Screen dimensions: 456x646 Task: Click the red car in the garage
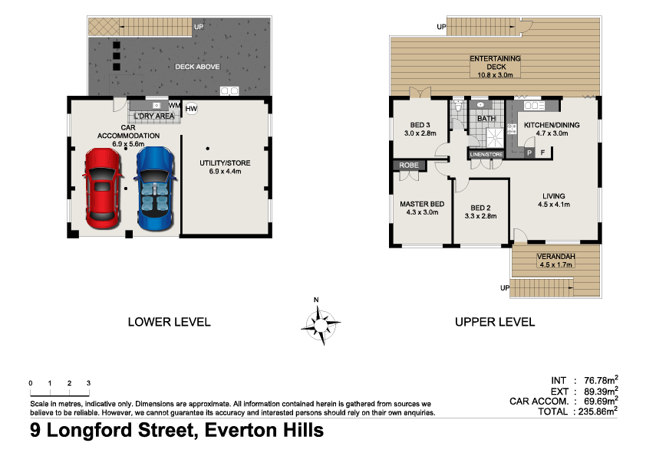click(104, 188)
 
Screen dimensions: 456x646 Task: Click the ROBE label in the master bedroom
click(407, 166)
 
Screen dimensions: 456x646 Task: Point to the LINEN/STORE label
click(486, 154)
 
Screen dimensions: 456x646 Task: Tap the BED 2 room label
click(480, 208)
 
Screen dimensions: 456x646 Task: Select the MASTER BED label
click(422, 204)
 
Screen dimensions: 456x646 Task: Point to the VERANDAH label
click(557, 257)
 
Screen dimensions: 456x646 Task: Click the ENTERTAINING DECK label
click(495, 59)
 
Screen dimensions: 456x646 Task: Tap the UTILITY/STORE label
click(225, 163)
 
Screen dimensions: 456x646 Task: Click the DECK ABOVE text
click(197, 67)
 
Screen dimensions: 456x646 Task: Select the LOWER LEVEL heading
click(169, 322)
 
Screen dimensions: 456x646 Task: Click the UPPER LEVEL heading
click(495, 322)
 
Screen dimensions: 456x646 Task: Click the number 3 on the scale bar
click(88, 382)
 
